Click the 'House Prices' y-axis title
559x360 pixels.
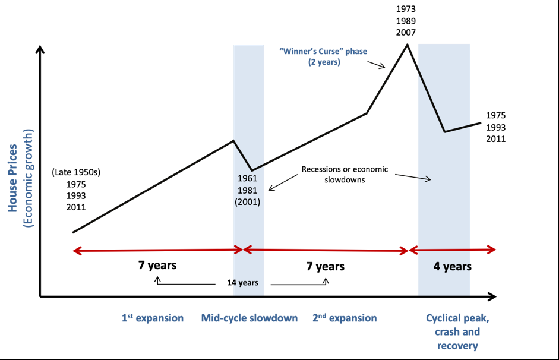pos(12,178)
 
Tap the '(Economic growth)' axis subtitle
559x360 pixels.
pos(28,178)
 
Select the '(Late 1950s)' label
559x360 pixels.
pos(76,172)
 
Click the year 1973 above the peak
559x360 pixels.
pos(406,9)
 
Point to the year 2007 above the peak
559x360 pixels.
pos(406,33)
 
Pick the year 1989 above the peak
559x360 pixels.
pos(406,21)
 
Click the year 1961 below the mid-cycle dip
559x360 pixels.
pos(247,178)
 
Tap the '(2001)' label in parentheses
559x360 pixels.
pos(247,202)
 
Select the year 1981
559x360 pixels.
pos(247,190)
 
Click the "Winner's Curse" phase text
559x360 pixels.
pos(323,56)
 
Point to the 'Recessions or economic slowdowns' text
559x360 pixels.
pos(345,174)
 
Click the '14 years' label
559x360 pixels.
pos(243,283)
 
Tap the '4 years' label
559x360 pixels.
pos(453,266)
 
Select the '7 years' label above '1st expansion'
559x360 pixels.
pos(157,265)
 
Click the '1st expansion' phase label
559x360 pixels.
pos(153,318)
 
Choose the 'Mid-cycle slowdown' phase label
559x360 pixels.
pos(249,318)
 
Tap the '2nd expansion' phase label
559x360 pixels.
pos(345,318)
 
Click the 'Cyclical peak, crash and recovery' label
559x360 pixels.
pos(457,332)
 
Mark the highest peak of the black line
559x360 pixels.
pos(407,45)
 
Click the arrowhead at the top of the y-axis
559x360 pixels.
pos(40,49)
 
